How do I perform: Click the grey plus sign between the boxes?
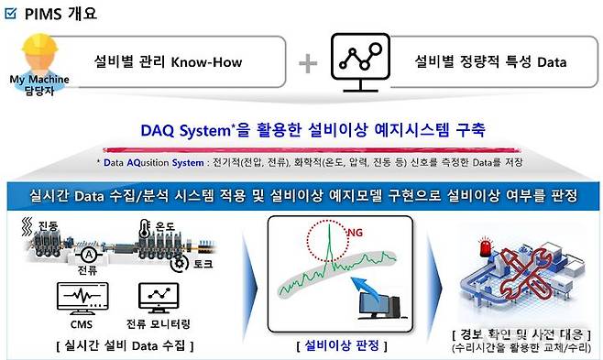pos(309,64)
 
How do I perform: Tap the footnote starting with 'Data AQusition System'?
pos(302,161)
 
